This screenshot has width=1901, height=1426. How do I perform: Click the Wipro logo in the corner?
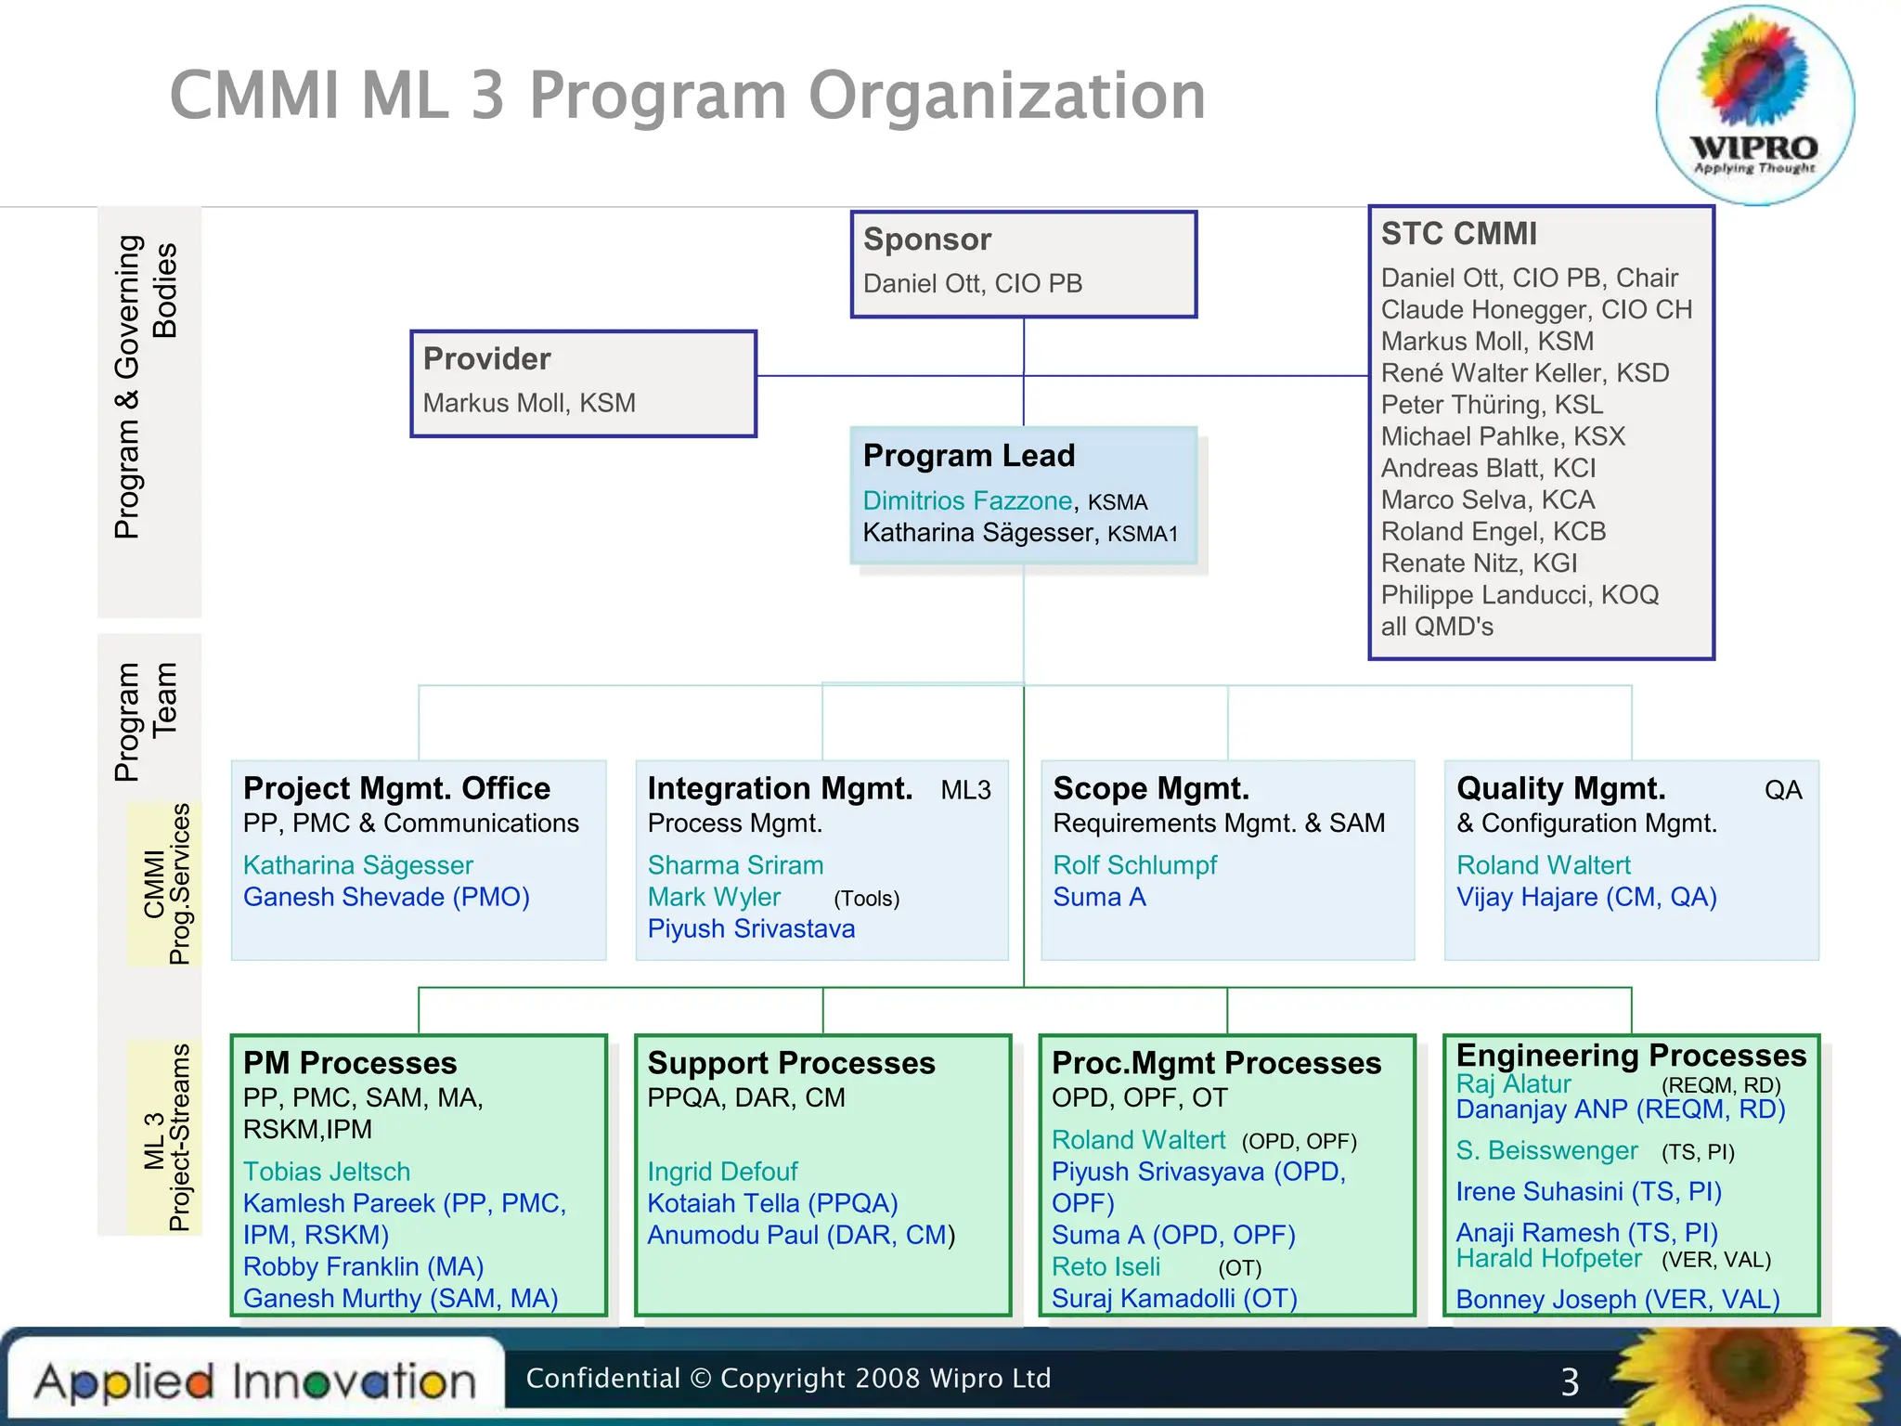point(1754,104)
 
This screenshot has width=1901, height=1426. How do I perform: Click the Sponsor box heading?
point(926,240)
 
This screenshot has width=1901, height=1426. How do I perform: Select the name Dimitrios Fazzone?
point(967,501)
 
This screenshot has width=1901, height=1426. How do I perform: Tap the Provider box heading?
point(486,359)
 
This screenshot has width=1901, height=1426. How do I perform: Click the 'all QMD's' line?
point(1437,628)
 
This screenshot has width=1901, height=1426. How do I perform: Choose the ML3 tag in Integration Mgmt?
point(965,790)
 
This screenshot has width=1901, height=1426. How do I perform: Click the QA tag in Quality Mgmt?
point(1782,790)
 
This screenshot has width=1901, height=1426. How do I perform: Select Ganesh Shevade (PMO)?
point(386,898)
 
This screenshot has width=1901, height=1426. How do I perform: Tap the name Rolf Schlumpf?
point(1134,865)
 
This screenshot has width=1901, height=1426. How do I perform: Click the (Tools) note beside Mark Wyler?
point(866,899)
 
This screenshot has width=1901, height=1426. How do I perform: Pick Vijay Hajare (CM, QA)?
point(1586,898)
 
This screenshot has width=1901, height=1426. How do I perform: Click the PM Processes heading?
point(350,1063)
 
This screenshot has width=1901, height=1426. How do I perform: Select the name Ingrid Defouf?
point(722,1172)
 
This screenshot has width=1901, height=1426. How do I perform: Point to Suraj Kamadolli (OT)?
point(1174,1299)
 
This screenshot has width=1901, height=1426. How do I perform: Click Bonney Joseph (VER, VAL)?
point(1617,1300)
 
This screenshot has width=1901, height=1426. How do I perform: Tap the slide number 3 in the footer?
point(1570,1382)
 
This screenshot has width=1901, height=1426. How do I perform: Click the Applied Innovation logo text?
point(255,1382)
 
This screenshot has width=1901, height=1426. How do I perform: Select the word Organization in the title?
point(1006,96)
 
